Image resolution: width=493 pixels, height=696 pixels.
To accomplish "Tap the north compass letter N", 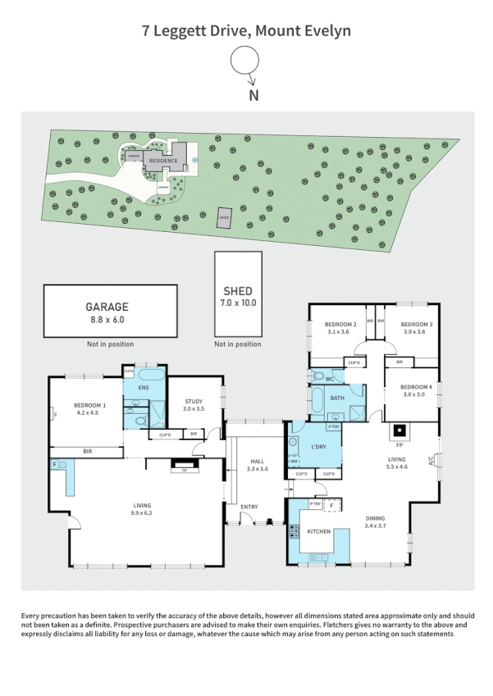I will point(253,95).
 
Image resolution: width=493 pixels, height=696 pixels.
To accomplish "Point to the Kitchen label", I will point(318,532).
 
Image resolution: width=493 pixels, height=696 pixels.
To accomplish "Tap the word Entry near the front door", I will point(249,506).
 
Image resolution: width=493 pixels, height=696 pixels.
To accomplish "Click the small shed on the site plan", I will point(223,217).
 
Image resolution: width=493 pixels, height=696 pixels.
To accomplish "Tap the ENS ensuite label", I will point(143,388).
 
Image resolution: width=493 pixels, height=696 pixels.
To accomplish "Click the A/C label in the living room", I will point(430,459).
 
